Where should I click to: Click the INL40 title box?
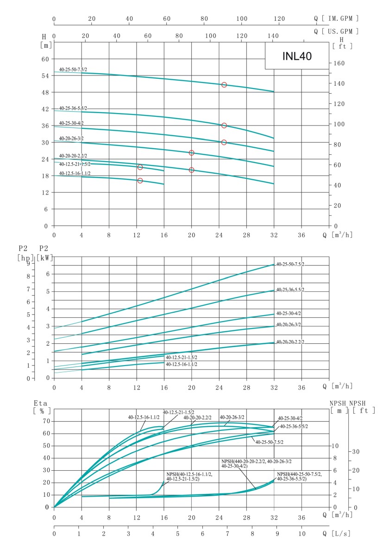(297, 56)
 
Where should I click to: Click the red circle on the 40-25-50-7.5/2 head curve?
(224, 85)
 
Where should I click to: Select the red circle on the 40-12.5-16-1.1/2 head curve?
(140, 181)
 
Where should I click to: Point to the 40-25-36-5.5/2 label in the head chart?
(73, 108)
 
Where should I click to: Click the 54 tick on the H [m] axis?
(45, 76)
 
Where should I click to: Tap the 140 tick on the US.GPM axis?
(273, 35)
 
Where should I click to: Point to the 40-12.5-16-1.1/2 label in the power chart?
(182, 365)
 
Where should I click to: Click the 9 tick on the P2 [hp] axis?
(28, 264)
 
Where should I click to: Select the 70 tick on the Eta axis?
(45, 421)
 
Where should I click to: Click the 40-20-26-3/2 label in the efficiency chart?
(232, 417)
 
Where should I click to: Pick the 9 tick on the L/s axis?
(274, 534)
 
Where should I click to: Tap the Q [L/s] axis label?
(337, 534)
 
